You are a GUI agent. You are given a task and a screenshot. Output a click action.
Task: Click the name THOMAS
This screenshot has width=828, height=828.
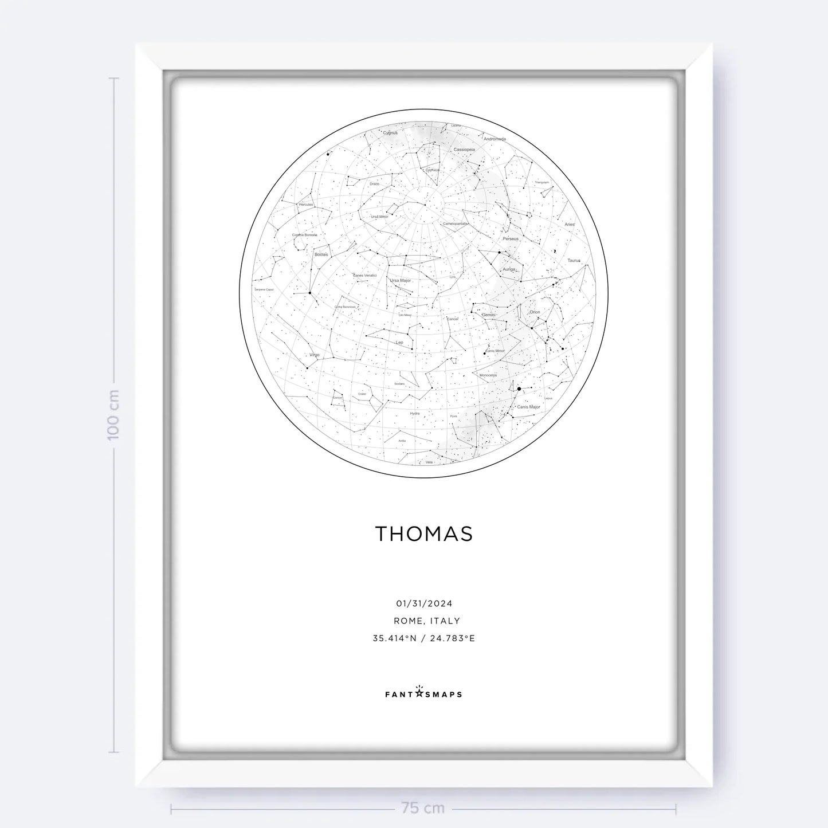pyautogui.click(x=424, y=533)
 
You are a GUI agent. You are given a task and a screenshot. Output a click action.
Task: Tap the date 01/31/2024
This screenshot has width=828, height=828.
pyautogui.click(x=424, y=603)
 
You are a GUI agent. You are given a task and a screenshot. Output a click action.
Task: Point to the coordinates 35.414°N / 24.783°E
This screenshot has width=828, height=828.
pyautogui.click(x=424, y=638)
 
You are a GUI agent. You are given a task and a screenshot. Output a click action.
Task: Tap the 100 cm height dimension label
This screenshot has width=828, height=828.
pyautogui.click(x=113, y=415)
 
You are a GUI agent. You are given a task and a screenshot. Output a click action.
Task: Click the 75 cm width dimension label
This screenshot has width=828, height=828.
pyautogui.click(x=423, y=809)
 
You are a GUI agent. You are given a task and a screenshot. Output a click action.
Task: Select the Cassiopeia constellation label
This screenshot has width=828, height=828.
pyautogui.click(x=464, y=150)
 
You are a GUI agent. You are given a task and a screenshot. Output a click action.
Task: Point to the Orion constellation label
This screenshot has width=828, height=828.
pyautogui.click(x=535, y=312)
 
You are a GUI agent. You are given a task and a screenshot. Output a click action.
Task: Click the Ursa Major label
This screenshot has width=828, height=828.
pyautogui.click(x=401, y=281)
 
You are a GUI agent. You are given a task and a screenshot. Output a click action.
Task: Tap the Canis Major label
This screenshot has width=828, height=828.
pyautogui.click(x=528, y=407)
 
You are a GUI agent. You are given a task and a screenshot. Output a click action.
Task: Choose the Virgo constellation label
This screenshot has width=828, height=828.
pyautogui.click(x=314, y=355)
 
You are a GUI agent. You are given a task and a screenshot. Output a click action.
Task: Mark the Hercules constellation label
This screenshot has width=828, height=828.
pyautogui.click(x=306, y=205)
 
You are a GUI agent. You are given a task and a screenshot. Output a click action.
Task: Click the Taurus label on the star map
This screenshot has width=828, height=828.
pyautogui.click(x=574, y=261)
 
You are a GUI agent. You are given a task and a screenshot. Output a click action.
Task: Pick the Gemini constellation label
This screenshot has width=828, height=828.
pyautogui.click(x=488, y=315)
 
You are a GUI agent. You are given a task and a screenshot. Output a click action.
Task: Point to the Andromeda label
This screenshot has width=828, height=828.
pyautogui.click(x=495, y=139)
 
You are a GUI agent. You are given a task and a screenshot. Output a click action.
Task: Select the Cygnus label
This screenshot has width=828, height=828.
pyautogui.click(x=390, y=133)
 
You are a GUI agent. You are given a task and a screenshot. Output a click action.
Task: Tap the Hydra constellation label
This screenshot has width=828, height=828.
pyautogui.click(x=414, y=413)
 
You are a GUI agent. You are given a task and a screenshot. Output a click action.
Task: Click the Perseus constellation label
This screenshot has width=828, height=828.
pyautogui.click(x=510, y=239)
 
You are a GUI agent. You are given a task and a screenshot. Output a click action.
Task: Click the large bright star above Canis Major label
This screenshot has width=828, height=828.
pyautogui.click(x=519, y=389)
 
